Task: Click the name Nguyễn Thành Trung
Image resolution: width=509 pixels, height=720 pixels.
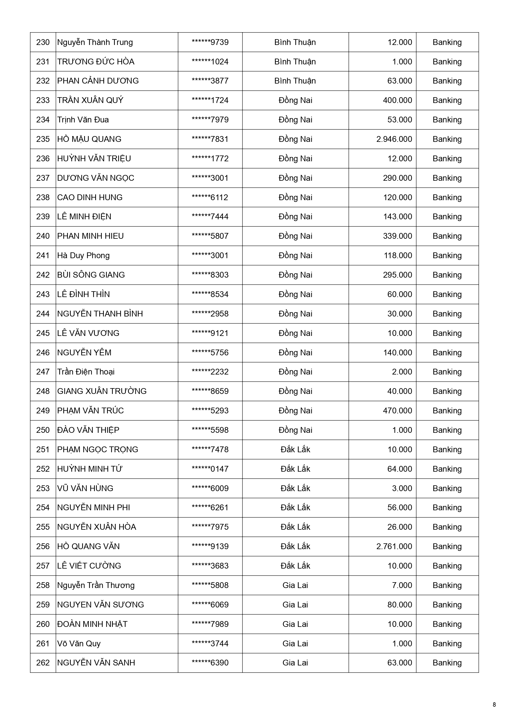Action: click(x=95, y=42)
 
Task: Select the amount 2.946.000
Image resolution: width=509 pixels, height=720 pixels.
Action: click(x=394, y=139)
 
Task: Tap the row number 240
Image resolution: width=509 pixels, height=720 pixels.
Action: click(x=43, y=236)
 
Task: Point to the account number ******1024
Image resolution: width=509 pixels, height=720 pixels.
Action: click(x=210, y=62)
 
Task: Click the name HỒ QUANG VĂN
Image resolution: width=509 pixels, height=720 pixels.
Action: click(x=88, y=546)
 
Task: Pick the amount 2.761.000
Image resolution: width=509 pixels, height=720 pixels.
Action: click(x=394, y=546)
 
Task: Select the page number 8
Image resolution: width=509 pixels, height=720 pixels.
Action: click(x=494, y=705)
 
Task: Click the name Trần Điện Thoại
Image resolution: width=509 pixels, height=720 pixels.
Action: click(x=86, y=372)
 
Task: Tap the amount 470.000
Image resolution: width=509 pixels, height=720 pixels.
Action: click(x=397, y=410)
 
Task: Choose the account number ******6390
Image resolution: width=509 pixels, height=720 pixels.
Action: click(x=210, y=663)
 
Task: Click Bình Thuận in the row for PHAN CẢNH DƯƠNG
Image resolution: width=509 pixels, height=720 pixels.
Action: click(x=295, y=81)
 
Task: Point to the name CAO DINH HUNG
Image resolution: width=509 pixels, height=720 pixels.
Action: click(x=90, y=197)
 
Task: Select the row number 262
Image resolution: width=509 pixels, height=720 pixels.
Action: click(x=43, y=663)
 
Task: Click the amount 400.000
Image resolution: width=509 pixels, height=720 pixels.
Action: click(x=397, y=100)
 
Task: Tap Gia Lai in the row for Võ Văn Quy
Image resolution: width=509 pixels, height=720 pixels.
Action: click(x=295, y=643)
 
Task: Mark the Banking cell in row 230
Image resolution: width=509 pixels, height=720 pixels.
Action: click(x=447, y=42)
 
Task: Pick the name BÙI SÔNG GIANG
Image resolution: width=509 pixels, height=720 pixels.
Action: click(x=91, y=275)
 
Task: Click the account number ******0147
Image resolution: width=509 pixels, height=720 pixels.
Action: click(x=210, y=469)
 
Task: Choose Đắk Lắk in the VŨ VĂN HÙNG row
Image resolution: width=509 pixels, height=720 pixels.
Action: click(x=295, y=488)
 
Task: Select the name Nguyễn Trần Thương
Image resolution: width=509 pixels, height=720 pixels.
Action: click(x=96, y=585)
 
